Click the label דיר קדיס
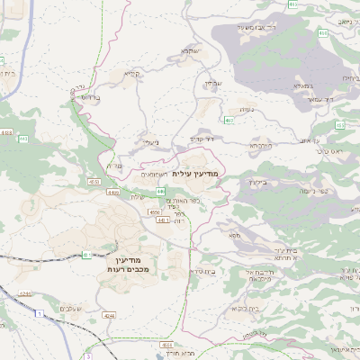click(202, 139)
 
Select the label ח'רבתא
click(260, 145)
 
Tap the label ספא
click(235, 235)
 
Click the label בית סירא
click(201, 271)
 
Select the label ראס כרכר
click(330, 151)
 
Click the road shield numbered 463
click(229, 119)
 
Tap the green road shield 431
click(86, 255)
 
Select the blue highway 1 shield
click(40, 311)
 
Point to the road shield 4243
click(25, 293)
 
